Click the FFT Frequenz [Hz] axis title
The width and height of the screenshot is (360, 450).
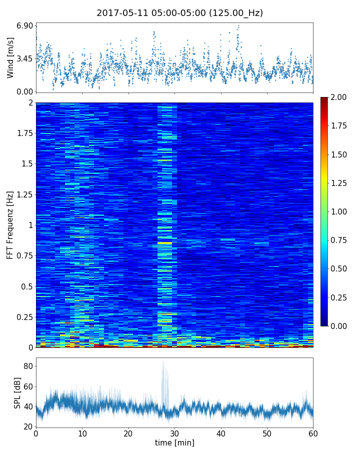point(10,225)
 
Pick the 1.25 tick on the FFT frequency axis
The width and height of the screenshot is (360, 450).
point(24,194)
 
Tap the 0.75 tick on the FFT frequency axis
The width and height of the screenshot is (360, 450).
point(24,255)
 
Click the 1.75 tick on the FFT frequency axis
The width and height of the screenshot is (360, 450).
point(24,133)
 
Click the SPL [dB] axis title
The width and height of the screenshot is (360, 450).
point(17,392)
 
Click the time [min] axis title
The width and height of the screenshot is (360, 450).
point(174,442)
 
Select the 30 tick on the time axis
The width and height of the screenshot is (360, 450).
point(174,433)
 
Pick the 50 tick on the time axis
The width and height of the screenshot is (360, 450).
point(267,433)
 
